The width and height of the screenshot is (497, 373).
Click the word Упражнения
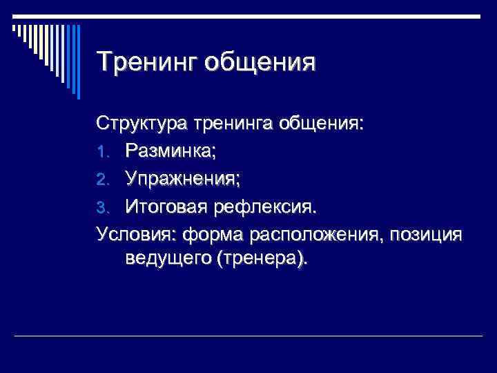tap(183, 179)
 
